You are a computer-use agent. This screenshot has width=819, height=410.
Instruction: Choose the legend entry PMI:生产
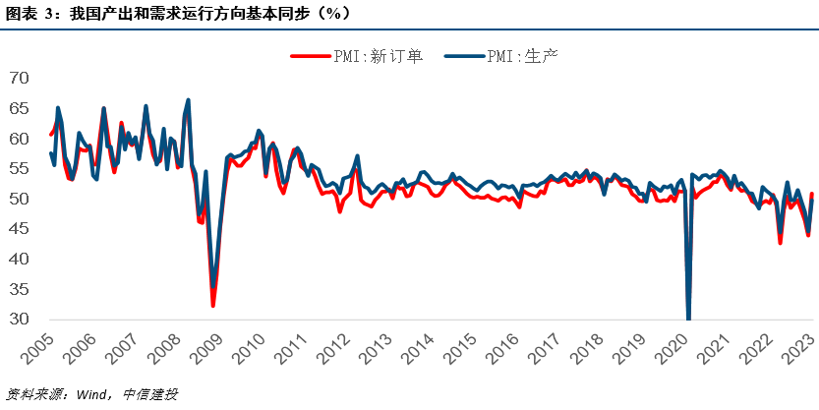pyautogui.click(x=520, y=56)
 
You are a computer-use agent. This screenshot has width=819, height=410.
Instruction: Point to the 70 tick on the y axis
pyautogui.click(x=21, y=78)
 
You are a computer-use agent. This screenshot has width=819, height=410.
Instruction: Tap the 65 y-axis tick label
pyautogui.click(x=21, y=108)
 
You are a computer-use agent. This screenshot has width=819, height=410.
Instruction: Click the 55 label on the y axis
pyautogui.click(x=21, y=168)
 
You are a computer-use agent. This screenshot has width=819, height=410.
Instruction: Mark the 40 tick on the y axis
pyautogui.click(x=21, y=259)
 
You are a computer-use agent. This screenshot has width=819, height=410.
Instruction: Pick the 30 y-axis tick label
pyautogui.click(x=21, y=320)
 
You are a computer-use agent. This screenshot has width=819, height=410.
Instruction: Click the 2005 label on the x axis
pyautogui.click(x=38, y=346)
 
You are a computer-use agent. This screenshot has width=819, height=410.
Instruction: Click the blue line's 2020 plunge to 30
pyautogui.click(x=688, y=317)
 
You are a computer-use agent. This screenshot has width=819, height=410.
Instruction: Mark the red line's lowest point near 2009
pyautogui.click(x=213, y=306)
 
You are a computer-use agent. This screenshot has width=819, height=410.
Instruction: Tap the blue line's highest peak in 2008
pyautogui.click(x=188, y=100)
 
